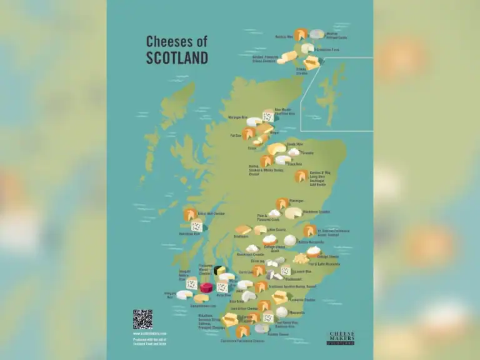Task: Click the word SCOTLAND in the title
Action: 177,57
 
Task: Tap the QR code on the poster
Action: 142,319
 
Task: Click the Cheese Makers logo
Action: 342,338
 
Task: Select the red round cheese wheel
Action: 206,287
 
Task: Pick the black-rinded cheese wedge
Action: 219,271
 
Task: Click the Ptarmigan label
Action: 297,201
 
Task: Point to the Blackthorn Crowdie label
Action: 316,212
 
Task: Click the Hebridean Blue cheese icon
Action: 197,227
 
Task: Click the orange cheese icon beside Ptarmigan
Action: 282,203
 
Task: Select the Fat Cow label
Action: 236,134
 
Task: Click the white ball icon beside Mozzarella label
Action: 282,311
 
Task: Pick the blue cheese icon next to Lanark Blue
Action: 286,271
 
